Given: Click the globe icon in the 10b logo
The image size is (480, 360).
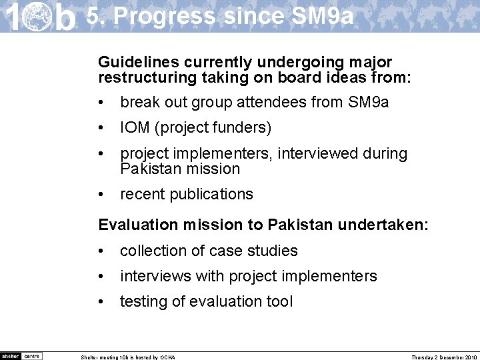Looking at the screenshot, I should [x=38, y=17].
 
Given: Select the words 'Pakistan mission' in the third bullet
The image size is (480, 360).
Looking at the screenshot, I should [x=179, y=169].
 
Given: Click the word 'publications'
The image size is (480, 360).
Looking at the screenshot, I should [x=211, y=194].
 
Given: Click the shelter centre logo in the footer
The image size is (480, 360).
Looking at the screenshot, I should [x=21, y=355].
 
